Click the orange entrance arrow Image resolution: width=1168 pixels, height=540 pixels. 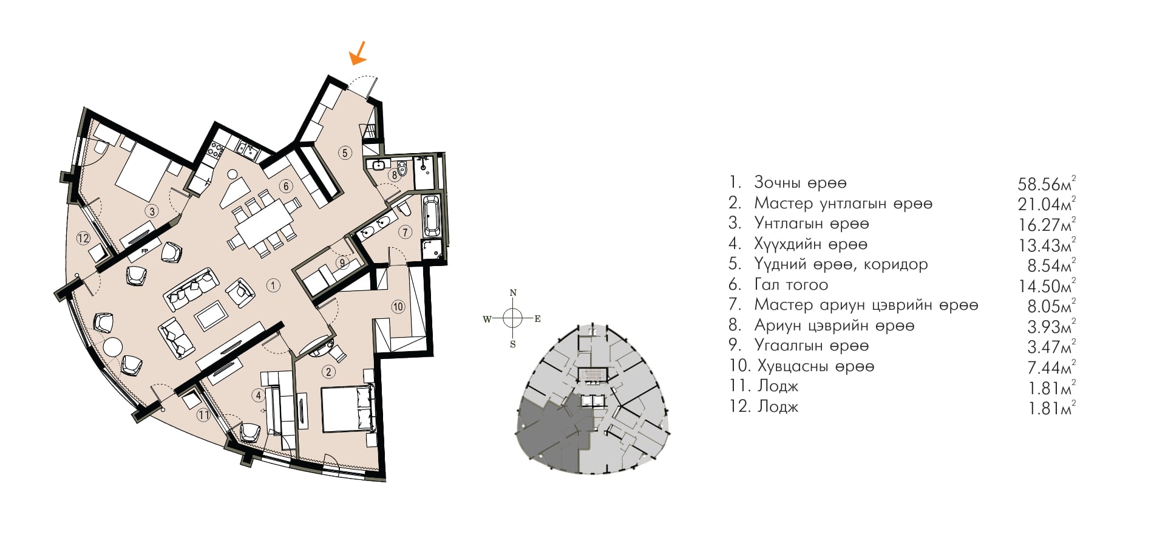coord(358,53)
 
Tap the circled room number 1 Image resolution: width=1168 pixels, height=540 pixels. coord(273,285)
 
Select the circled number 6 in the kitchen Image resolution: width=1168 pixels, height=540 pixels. coord(286,186)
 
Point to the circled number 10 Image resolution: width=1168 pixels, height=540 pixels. coord(398,307)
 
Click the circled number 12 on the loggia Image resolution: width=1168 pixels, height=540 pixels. coord(83,239)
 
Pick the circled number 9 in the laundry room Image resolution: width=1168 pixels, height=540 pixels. coord(343,263)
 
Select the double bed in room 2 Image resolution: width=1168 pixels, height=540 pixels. coord(347,409)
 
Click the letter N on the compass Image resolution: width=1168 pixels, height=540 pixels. coord(513,293)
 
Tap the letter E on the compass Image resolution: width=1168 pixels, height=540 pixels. coord(537,318)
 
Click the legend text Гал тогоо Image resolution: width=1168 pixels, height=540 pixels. coord(791,284)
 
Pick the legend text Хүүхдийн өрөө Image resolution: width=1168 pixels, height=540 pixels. coord(810,244)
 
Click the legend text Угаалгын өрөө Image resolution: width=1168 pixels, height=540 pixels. coord(812,346)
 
